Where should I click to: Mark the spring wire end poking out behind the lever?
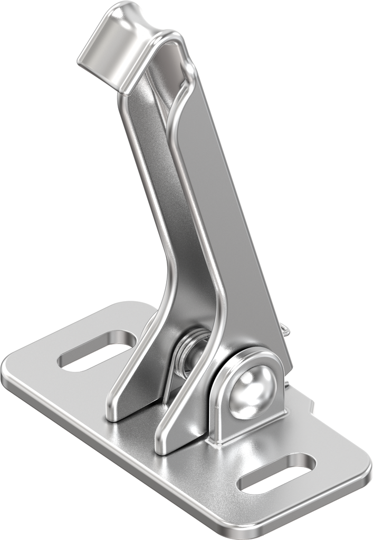pyautogui.click(x=285, y=331)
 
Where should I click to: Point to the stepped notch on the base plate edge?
pyautogui.click(x=311, y=406)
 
